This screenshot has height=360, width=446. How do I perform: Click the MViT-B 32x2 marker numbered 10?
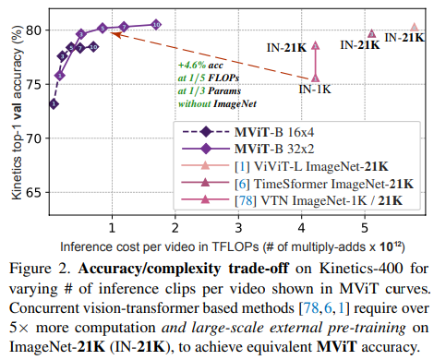156,25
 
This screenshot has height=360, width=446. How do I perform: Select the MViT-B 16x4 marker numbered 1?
54,104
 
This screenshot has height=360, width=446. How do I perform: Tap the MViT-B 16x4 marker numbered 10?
93,47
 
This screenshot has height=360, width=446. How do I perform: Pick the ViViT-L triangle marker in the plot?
415,27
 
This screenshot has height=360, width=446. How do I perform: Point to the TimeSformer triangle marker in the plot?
371,33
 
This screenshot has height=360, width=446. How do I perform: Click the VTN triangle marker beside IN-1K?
316,78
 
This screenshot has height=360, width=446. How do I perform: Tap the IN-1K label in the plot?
315,90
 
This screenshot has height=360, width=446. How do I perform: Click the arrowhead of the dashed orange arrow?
114,34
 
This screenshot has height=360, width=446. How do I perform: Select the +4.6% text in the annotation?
192,66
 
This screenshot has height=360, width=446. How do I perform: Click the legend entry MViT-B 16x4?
247,132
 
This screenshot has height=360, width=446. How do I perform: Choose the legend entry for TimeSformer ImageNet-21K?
297,184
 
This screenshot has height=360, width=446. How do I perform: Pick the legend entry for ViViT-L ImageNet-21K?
284,166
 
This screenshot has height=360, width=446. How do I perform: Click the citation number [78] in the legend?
246,201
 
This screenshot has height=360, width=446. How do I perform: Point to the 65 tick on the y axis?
33,193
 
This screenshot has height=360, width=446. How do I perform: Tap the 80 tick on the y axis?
33,30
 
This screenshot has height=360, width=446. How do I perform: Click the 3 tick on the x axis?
238,228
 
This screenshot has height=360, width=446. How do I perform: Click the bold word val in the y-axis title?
17,111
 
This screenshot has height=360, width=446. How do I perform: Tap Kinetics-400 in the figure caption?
361,269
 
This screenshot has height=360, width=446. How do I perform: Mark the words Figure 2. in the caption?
40,269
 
